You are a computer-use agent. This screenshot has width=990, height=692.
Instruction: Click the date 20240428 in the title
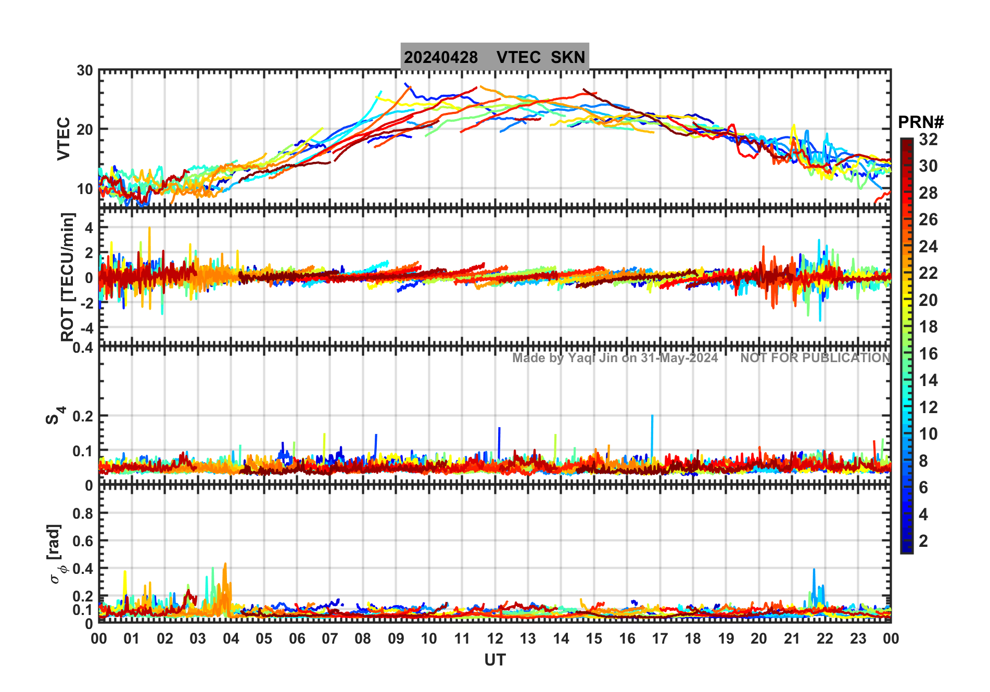tap(441, 57)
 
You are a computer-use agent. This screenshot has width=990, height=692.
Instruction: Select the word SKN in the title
tap(568, 57)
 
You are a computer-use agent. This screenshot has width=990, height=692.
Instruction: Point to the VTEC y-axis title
tap(64, 138)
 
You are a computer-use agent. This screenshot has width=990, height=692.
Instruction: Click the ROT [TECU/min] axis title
tap(68, 276)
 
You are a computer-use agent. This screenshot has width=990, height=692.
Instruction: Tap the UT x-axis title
tap(494, 660)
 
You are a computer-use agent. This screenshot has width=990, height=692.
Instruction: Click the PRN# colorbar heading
tap(921, 122)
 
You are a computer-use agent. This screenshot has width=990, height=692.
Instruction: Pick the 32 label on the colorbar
tap(928, 139)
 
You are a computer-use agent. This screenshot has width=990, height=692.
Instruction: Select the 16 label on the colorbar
tap(928, 354)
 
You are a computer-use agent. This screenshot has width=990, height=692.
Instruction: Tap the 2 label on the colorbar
tap(923, 541)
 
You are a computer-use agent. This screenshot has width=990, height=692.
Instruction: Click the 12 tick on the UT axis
tap(494, 639)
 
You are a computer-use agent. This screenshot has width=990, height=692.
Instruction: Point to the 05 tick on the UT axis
tap(264, 639)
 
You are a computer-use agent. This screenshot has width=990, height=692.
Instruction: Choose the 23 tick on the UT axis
tap(858, 639)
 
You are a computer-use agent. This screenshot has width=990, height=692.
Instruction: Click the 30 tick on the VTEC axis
tap(85, 71)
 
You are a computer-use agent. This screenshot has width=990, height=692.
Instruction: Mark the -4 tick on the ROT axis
tap(86, 328)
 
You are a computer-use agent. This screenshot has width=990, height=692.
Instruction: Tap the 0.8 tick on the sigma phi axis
tap(83, 514)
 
